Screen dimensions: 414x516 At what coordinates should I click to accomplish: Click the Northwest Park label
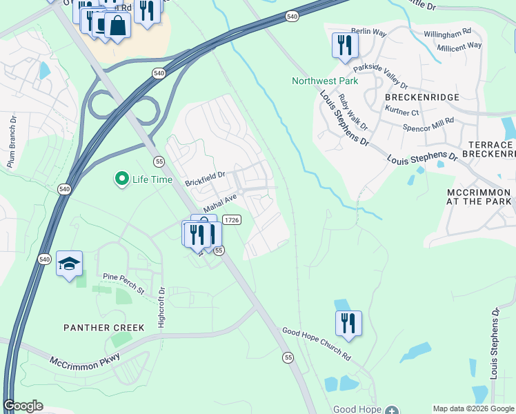pyautogui.click(x=325, y=81)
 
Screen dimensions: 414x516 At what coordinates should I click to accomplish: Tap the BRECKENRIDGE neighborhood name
pyautogui.click(x=421, y=98)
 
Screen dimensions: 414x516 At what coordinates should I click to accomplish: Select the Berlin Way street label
pyautogui.click(x=369, y=32)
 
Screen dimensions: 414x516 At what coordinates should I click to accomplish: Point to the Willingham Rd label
pyautogui.click(x=447, y=32)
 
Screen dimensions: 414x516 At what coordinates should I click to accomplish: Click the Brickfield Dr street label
pyautogui.click(x=206, y=179)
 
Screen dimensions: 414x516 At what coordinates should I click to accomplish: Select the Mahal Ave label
pyautogui.click(x=220, y=203)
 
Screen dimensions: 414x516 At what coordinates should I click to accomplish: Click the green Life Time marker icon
pyautogui.click(x=122, y=179)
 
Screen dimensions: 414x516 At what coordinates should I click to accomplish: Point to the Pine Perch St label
pyautogui.click(x=123, y=284)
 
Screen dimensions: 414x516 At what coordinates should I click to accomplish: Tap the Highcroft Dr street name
pyautogui.click(x=161, y=307)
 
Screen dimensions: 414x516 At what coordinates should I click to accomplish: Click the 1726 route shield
pyautogui.click(x=232, y=219)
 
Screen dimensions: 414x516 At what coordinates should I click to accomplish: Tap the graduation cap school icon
pyautogui.click(x=69, y=263)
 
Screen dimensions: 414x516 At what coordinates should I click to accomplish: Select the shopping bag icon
pyautogui.click(x=117, y=26)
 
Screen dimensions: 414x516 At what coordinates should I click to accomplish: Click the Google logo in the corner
pyautogui.click(x=23, y=406)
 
